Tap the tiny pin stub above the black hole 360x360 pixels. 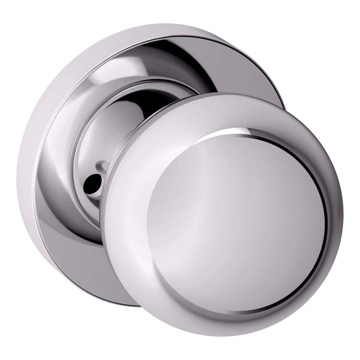tap(102, 163)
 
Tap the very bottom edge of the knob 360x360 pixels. tap(225, 335)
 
